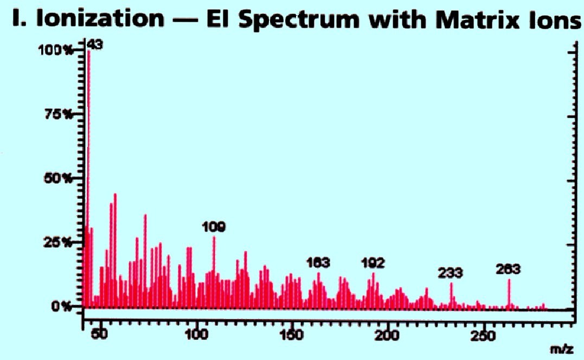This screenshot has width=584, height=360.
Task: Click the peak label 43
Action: [x=95, y=46]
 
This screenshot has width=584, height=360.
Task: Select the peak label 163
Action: [x=318, y=263]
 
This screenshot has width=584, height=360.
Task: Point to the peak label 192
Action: [x=373, y=263]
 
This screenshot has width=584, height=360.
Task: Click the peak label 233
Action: [x=451, y=273]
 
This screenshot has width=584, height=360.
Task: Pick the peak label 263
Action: [x=509, y=269]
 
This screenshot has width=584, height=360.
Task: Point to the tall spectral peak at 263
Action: [x=509, y=293]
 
